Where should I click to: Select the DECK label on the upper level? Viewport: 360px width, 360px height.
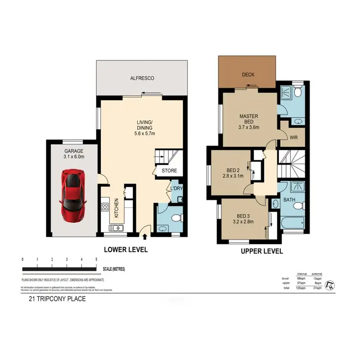[248, 74]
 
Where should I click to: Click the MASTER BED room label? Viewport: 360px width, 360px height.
[249, 116]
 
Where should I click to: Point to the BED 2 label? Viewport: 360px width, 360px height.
[234, 170]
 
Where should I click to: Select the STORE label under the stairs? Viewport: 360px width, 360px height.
[168, 170]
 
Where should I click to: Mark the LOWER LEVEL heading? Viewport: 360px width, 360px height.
[126, 250]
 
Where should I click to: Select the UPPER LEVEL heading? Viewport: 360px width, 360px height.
[262, 251]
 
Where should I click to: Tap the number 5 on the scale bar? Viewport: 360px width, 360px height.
[96, 260]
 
